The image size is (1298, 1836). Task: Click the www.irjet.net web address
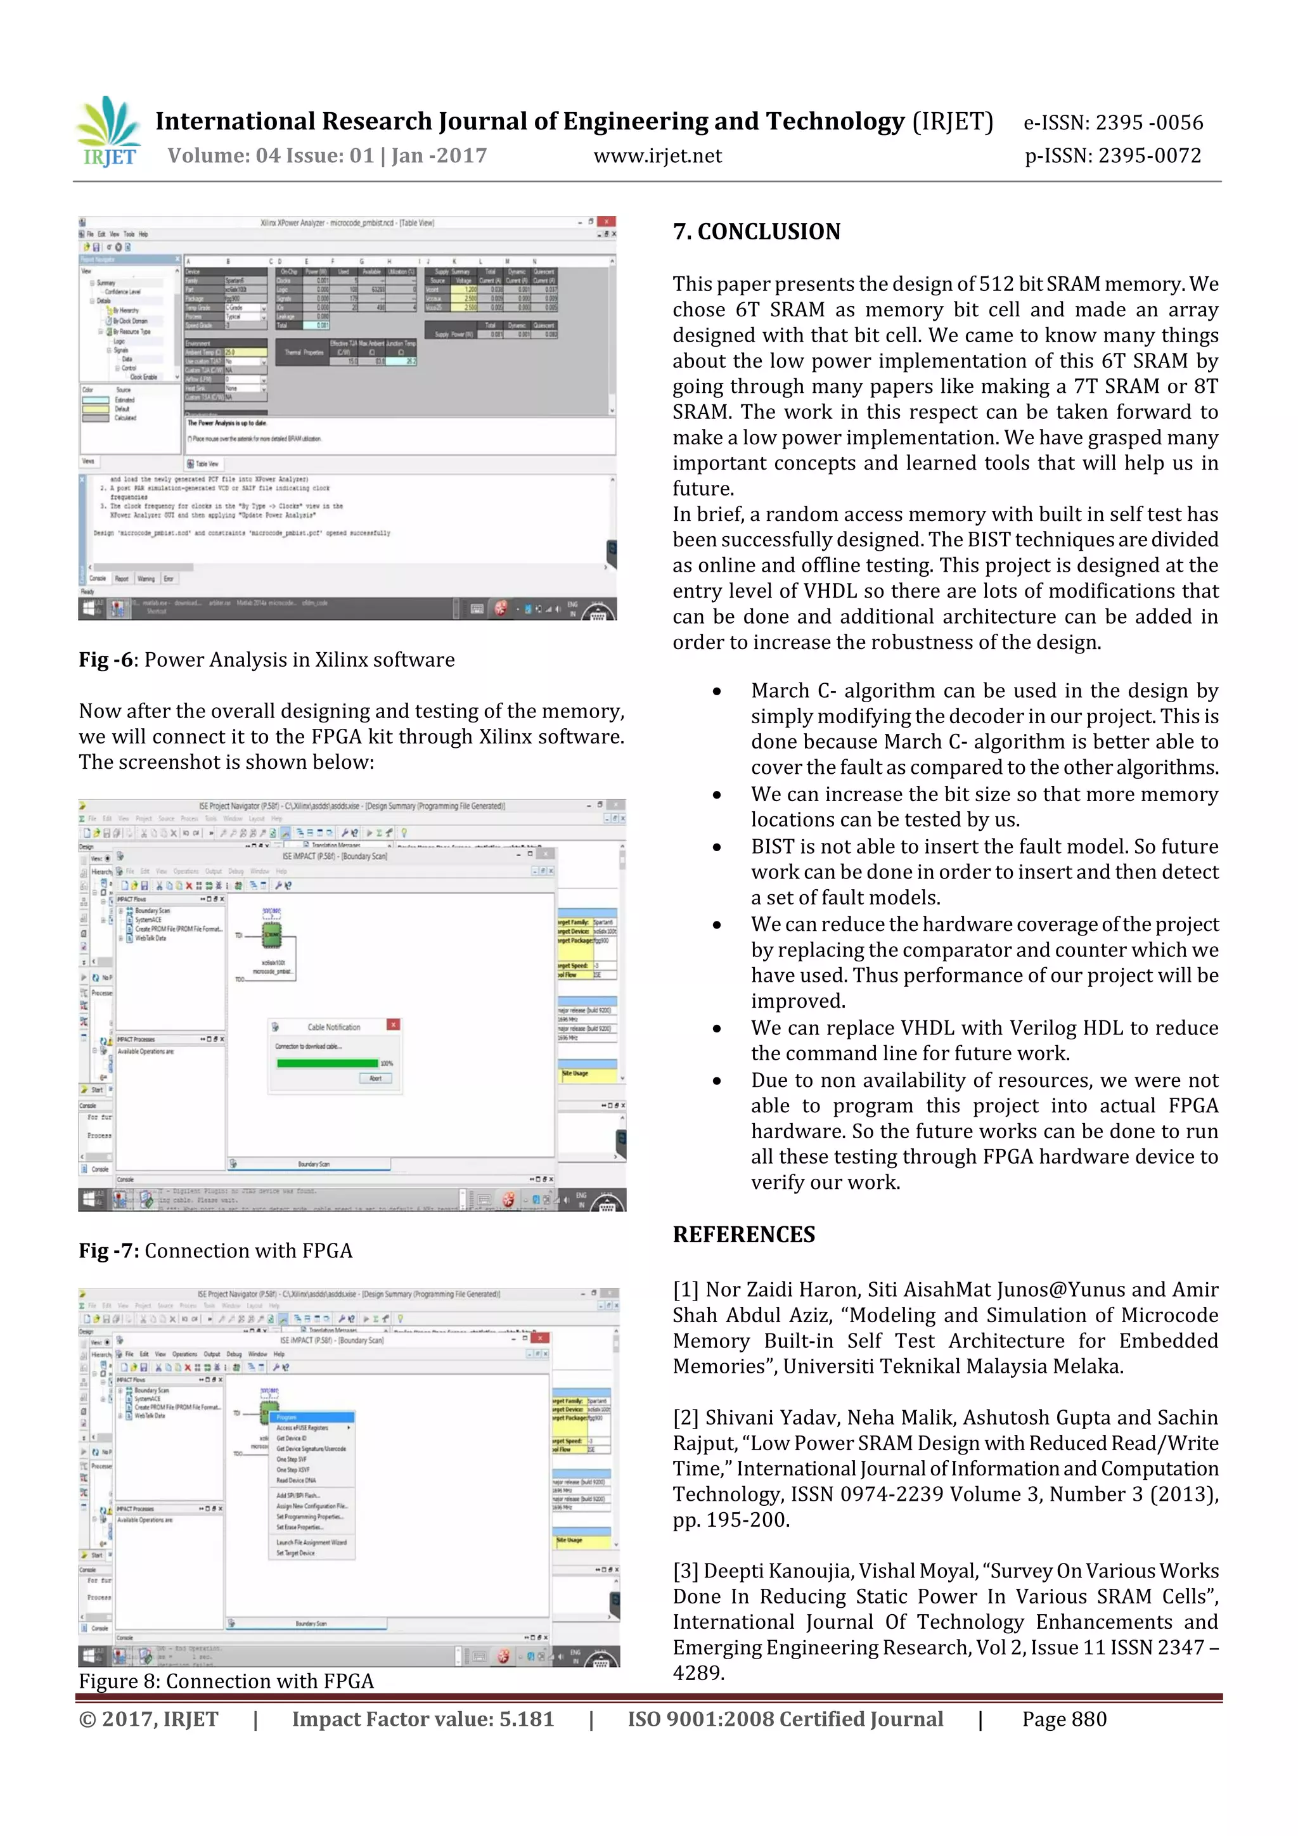[657, 156]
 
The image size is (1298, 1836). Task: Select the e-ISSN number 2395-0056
[1114, 122]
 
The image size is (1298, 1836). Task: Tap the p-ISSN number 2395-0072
[1114, 156]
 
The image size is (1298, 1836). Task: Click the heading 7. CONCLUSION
[757, 232]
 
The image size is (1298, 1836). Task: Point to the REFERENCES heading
[744, 1235]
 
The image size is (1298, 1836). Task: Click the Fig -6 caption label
[105, 660]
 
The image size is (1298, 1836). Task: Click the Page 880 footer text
[1063, 1719]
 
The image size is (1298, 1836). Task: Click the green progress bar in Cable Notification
[326, 1063]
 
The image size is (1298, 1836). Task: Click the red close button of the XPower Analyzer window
[607, 222]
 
